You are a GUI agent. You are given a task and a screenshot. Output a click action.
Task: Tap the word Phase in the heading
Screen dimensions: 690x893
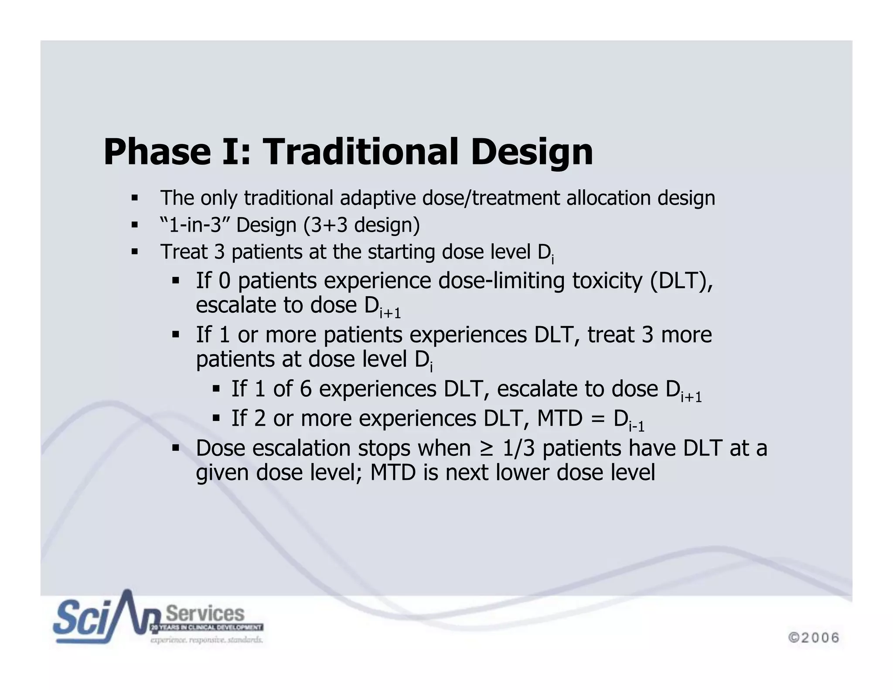157,152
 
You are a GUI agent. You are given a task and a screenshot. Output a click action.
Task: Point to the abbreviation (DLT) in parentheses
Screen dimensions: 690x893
681,280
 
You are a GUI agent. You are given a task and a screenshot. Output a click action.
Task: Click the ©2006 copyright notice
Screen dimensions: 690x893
813,638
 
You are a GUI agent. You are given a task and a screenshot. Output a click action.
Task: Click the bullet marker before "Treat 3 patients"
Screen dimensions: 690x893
134,252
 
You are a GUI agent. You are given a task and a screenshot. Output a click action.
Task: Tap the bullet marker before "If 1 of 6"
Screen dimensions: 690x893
216,388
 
